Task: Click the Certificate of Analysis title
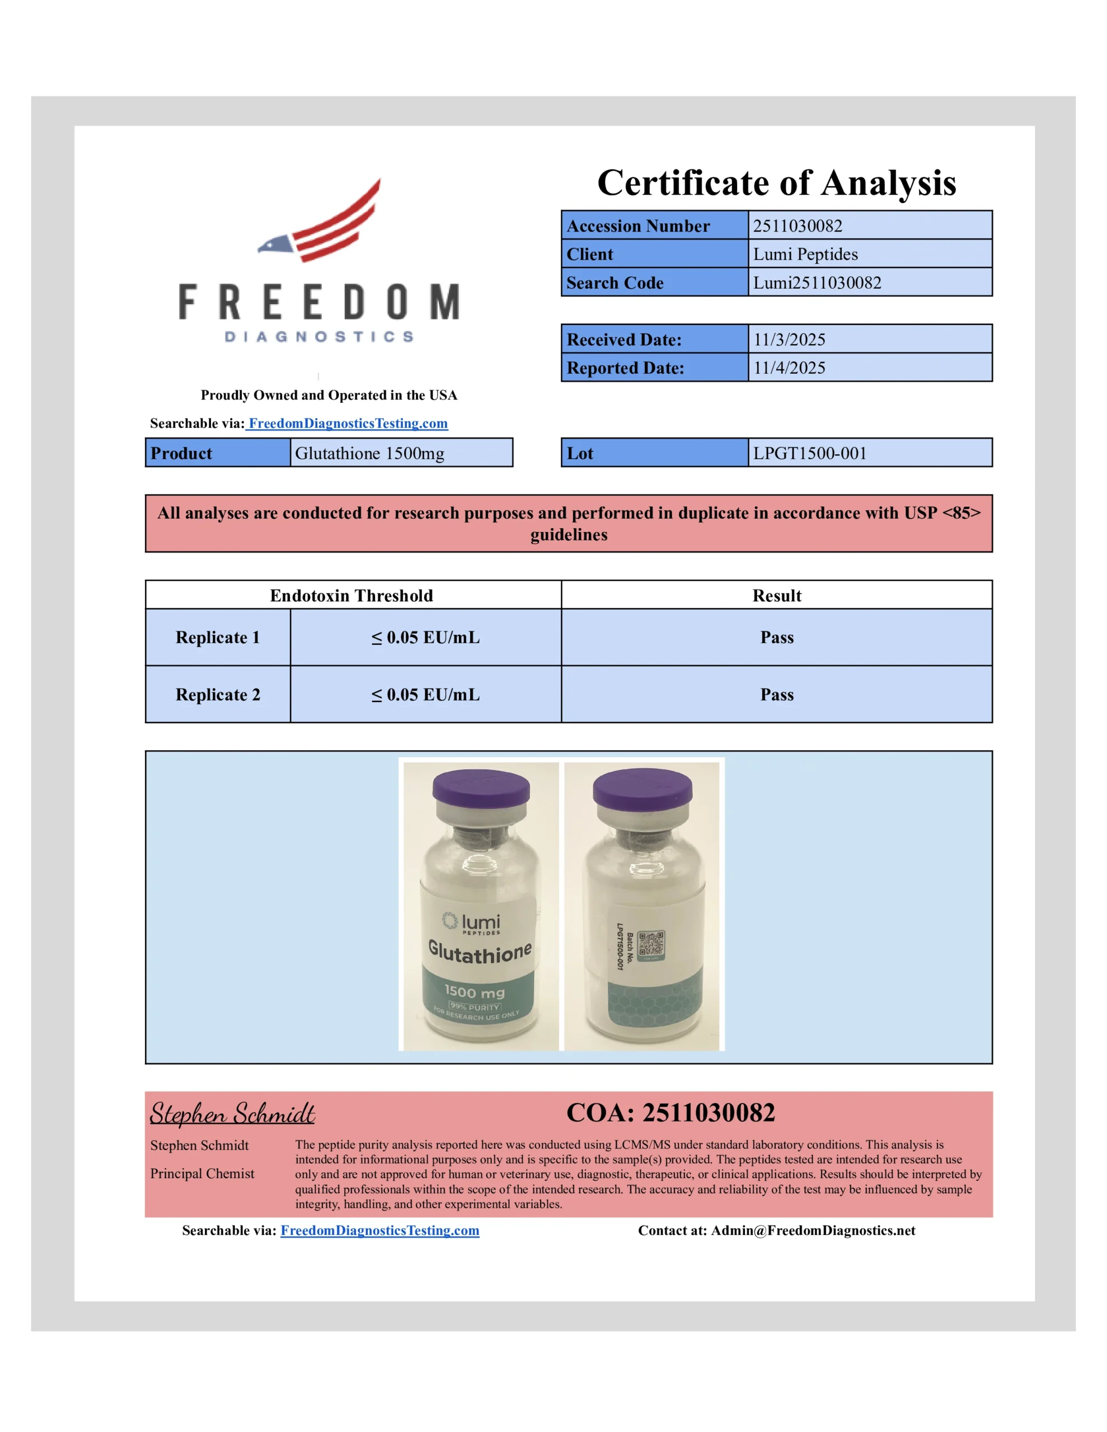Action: pyautogui.click(x=776, y=182)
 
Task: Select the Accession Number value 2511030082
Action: pyautogui.click(x=798, y=225)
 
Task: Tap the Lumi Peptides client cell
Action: pyautogui.click(x=805, y=254)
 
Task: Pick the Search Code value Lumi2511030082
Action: pyautogui.click(x=817, y=282)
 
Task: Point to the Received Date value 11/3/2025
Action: pyautogui.click(x=790, y=340)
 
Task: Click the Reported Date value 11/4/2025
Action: pyautogui.click(x=790, y=368)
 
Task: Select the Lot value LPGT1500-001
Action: pyautogui.click(x=810, y=453)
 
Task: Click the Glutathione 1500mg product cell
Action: pyautogui.click(x=369, y=453)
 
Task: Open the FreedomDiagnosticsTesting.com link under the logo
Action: pyautogui.click(x=348, y=423)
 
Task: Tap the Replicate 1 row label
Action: pyautogui.click(x=218, y=637)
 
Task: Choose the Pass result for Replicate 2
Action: pyautogui.click(x=777, y=694)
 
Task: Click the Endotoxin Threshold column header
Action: pyautogui.click(x=351, y=595)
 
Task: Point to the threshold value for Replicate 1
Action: pyautogui.click(x=426, y=637)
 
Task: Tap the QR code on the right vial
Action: pyautogui.click(x=651, y=945)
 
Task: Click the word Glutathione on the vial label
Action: pyautogui.click(x=480, y=952)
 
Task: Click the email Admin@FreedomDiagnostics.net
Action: pyautogui.click(x=813, y=1231)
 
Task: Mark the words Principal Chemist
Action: pyautogui.click(x=202, y=1174)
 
